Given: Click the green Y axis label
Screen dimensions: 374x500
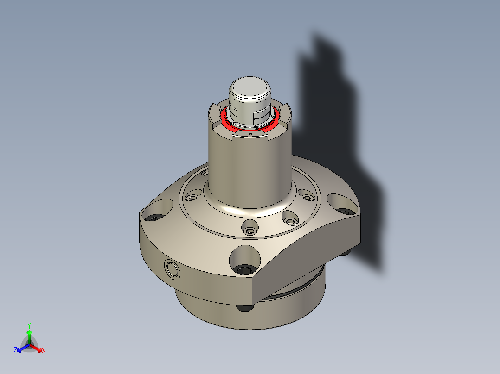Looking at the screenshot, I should (29, 325).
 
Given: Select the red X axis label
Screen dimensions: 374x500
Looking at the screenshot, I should (44, 351).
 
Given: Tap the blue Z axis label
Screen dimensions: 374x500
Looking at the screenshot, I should (15, 351).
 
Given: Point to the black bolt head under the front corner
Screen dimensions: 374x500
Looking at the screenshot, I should (244, 307).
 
